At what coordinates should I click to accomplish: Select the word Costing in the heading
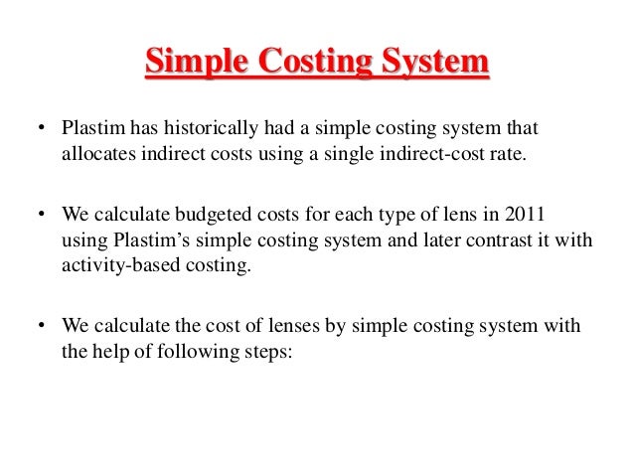pyautogui.click(x=314, y=65)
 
